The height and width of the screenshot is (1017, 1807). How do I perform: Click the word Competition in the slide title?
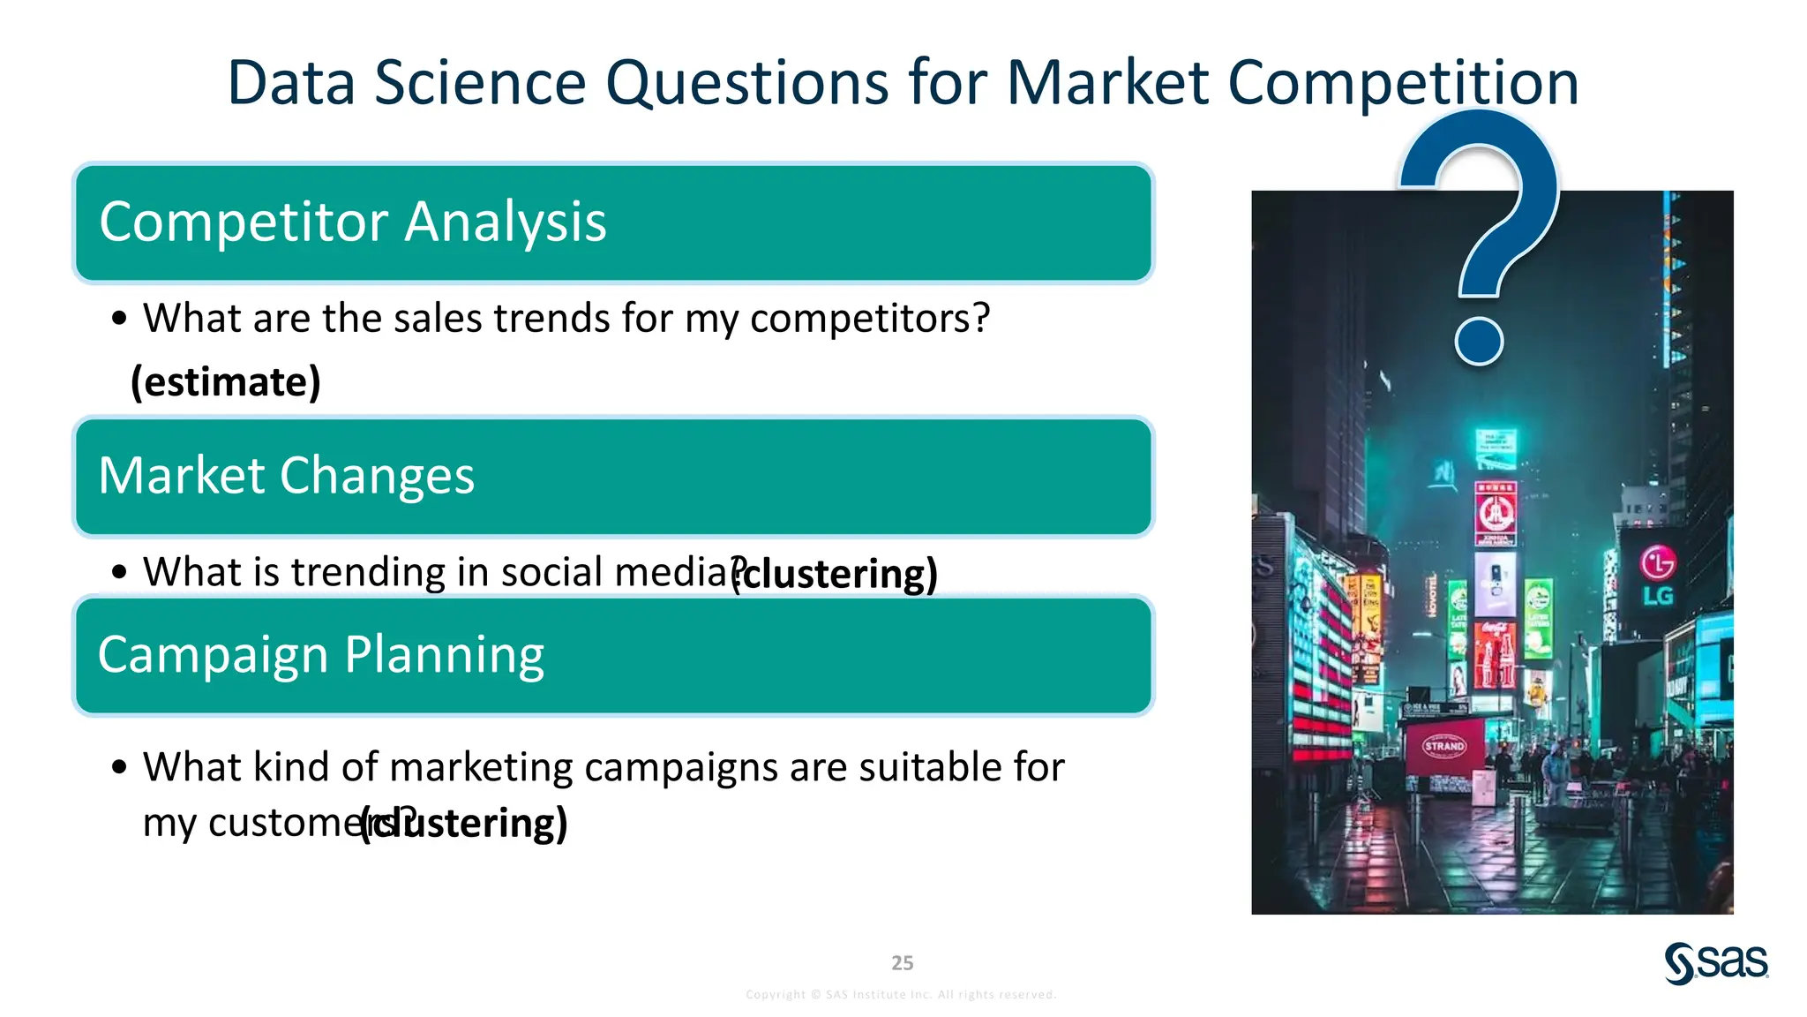1403,83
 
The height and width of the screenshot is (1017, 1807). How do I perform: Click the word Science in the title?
481,83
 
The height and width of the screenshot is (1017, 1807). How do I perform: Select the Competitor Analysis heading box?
613,222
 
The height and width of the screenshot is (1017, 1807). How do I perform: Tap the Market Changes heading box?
613,477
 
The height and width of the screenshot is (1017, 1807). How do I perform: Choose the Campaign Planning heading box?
613,655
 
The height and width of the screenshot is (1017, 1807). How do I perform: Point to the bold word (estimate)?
226,382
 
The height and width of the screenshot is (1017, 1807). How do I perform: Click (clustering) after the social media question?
836,574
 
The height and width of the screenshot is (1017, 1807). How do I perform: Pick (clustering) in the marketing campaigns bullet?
465,824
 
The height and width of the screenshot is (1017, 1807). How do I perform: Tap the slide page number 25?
903,963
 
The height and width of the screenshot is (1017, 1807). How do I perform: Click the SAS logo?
1716,963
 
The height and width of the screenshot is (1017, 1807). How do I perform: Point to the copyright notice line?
901,995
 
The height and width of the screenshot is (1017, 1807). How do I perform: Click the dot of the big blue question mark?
1479,341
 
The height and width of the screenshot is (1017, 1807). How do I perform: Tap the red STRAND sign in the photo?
1444,746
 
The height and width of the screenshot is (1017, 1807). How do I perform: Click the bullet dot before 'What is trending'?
120,572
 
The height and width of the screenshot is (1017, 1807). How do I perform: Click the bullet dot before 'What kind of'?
120,767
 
